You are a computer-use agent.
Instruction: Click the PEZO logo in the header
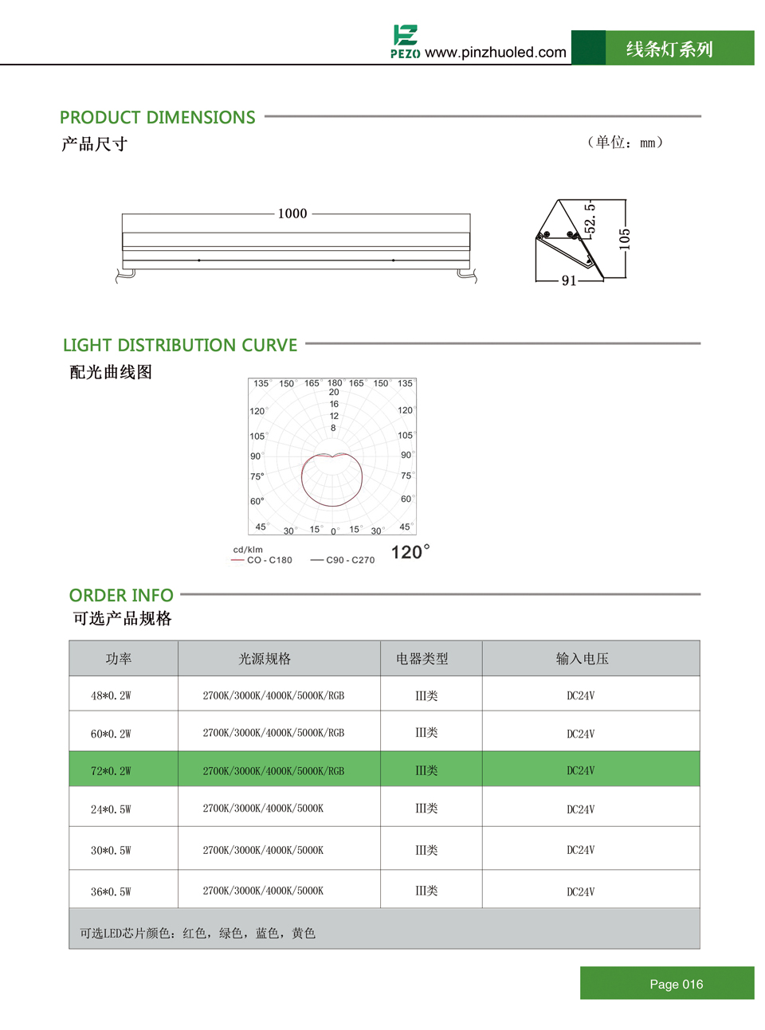click(405, 41)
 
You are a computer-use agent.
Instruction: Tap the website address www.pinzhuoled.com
click(496, 53)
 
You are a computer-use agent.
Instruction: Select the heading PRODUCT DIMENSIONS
click(157, 118)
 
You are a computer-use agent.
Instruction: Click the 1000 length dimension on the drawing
click(292, 213)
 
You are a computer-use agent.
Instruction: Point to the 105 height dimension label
click(625, 239)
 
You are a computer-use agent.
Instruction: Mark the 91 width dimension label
click(569, 280)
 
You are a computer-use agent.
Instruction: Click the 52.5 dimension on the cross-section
click(590, 219)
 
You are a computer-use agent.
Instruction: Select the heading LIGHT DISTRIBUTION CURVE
click(180, 346)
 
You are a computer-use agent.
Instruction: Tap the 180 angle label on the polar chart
click(335, 383)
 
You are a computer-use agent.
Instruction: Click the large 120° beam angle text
click(410, 552)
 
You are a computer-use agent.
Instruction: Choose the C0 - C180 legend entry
click(262, 560)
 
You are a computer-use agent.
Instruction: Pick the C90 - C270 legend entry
click(343, 560)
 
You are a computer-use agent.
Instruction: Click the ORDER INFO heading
click(121, 596)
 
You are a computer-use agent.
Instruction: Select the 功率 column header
click(119, 659)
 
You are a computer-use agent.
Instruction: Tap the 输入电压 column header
click(582, 659)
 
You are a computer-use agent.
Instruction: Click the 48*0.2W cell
click(111, 695)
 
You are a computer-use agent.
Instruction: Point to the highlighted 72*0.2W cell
click(111, 771)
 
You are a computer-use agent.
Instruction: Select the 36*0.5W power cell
click(111, 891)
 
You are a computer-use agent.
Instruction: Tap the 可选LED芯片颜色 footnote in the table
click(198, 933)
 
